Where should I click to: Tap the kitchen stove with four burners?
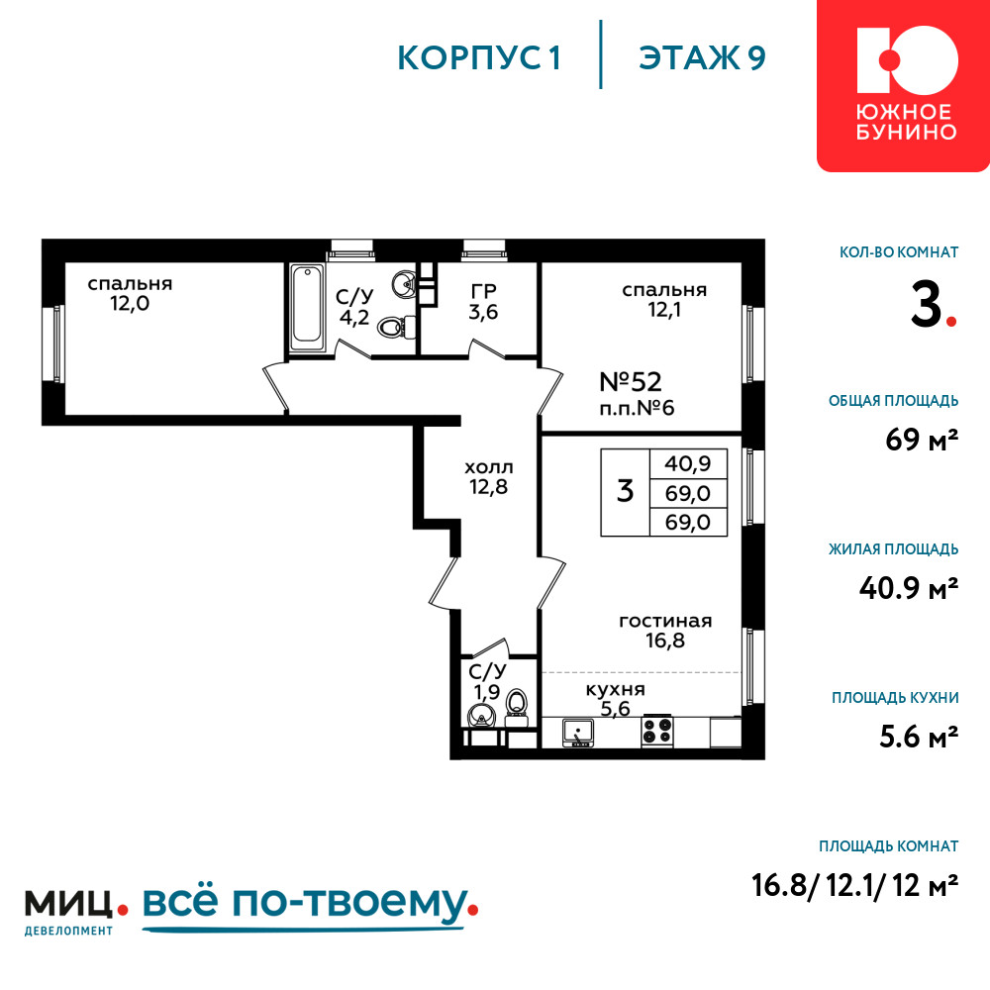click(x=656, y=731)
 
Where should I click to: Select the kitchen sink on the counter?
click(x=578, y=732)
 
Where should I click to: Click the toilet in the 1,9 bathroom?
click(x=517, y=704)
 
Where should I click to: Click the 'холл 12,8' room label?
click(x=489, y=477)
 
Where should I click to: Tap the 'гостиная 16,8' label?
click(x=665, y=631)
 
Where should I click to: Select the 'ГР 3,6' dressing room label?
click(x=484, y=302)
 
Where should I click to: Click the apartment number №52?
click(x=630, y=382)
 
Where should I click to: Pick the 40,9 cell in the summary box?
click(x=688, y=464)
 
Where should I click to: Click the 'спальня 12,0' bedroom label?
click(x=130, y=294)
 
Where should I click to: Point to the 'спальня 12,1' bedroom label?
click(x=664, y=300)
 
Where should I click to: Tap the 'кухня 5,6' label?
click(x=616, y=699)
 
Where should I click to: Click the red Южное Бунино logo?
click(x=904, y=86)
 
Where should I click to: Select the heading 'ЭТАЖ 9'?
click(x=702, y=58)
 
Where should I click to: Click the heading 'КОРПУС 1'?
click(x=479, y=58)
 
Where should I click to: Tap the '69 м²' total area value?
click(x=922, y=440)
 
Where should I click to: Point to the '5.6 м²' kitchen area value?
click(x=920, y=737)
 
